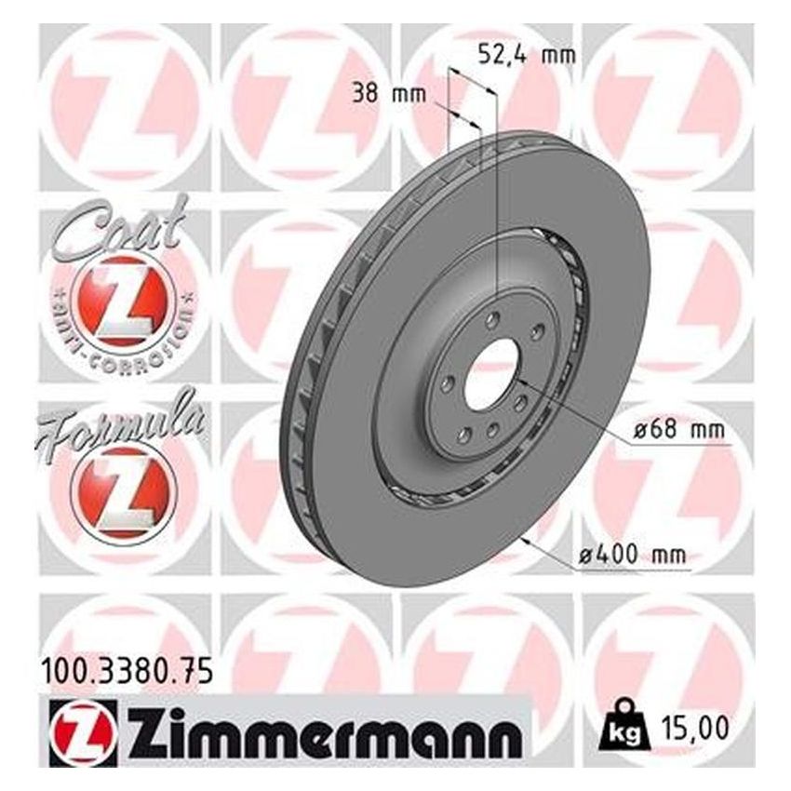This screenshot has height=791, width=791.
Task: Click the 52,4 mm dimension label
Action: click(x=525, y=54)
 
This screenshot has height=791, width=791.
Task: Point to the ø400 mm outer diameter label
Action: click(x=632, y=556)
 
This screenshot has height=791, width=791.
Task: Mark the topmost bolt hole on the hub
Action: click(x=494, y=319)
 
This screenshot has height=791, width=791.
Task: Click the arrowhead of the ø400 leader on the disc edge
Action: click(x=527, y=538)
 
